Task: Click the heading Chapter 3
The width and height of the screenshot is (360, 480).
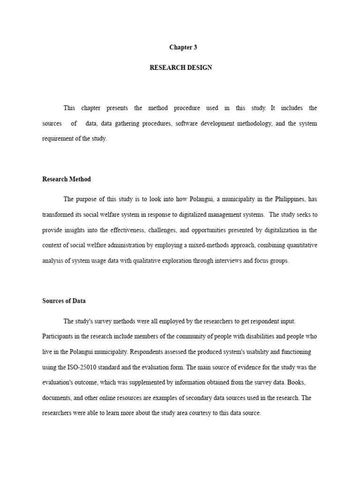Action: point(183,47)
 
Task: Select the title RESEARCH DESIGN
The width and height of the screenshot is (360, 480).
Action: point(180,67)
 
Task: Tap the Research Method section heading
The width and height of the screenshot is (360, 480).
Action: point(67,179)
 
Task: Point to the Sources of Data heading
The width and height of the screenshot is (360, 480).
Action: point(64,301)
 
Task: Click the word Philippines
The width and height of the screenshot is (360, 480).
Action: point(289,199)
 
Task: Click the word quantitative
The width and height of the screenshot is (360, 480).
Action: point(300,245)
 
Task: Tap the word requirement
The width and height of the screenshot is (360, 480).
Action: point(57,139)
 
